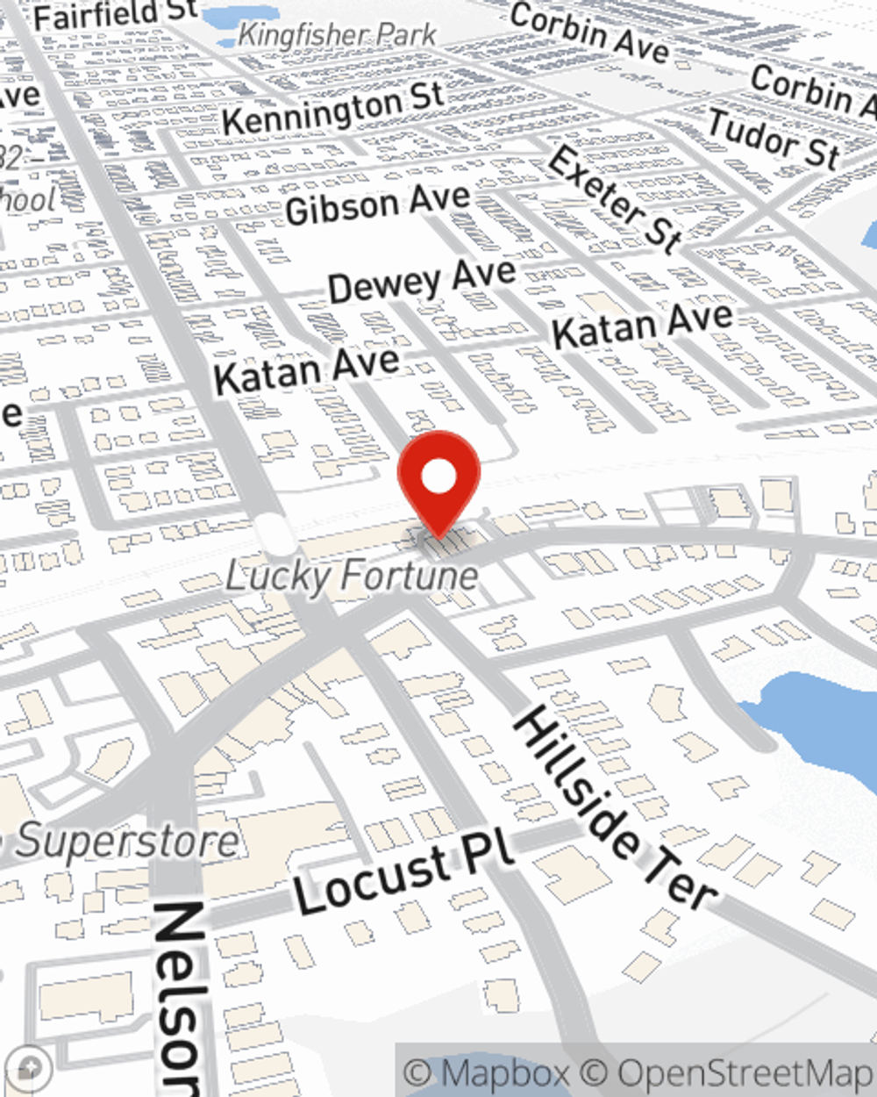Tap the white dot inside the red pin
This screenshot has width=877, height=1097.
point(438,477)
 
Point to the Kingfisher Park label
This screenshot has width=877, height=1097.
point(338,35)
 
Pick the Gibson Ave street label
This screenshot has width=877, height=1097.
point(378,205)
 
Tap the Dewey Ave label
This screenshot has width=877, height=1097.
point(422,280)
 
